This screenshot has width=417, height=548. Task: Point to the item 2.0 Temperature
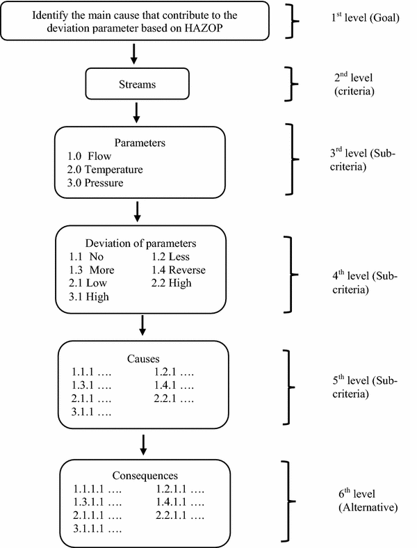point(104,169)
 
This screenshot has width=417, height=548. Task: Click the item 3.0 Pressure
point(97,182)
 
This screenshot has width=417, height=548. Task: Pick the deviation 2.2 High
point(172,283)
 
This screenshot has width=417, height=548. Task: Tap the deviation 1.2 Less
point(170,257)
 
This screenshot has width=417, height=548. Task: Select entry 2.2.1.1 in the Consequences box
point(179,517)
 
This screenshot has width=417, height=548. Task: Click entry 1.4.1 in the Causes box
point(174,385)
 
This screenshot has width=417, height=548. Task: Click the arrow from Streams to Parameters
point(138,111)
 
